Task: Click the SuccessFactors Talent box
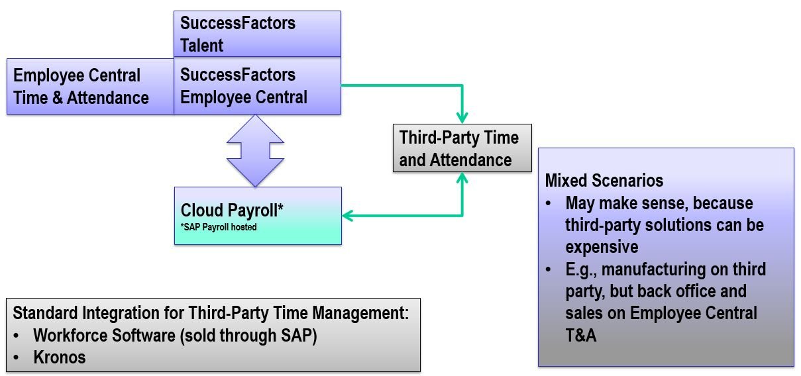click(x=257, y=34)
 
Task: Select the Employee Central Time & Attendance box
click(x=91, y=87)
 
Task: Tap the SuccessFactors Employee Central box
click(x=257, y=86)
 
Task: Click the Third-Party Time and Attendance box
click(x=462, y=148)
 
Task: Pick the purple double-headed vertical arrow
click(x=255, y=150)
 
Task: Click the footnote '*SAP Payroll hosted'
click(x=219, y=227)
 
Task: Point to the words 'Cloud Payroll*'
click(x=232, y=210)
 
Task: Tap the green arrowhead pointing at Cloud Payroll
click(x=348, y=216)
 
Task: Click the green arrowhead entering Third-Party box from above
click(x=462, y=118)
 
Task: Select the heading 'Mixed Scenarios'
click(x=604, y=181)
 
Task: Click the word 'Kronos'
click(x=60, y=357)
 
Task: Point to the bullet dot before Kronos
click(x=16, y=357)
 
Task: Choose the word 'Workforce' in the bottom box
click(x=70, y=335)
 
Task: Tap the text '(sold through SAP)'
click(x=248, y=336)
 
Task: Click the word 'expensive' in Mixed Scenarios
click(x=602, y=247)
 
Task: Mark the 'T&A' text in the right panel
click(x=581, y=335)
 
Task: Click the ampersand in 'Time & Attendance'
click(x=57, y=98)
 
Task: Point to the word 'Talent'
click(x=201, y=46)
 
